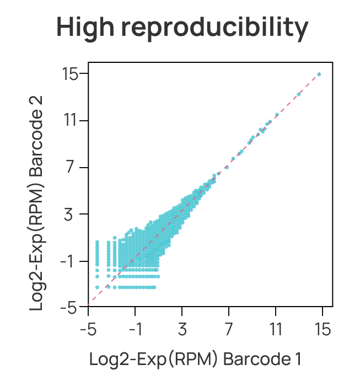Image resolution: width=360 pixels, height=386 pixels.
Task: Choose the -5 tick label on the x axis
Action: point(88,330)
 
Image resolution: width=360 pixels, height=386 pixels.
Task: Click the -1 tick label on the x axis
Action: point(135,330)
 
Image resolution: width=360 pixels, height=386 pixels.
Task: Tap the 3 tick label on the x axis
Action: point(182,330)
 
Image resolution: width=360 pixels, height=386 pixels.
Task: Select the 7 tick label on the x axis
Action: point(229,330)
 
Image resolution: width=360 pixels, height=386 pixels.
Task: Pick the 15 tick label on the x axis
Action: point(323,330)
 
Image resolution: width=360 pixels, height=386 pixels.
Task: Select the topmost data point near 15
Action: point(319,74)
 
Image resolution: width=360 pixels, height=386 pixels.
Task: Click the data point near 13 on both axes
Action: point(299,94)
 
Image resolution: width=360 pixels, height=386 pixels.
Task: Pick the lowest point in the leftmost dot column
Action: point(97,287)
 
